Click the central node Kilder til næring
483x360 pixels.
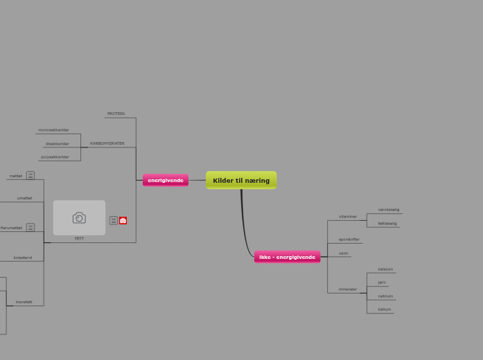tap(241, 181)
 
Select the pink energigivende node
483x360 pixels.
tap(166, 181)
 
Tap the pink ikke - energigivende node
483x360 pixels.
tap(287, 258)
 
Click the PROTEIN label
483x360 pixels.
tap(116, 114)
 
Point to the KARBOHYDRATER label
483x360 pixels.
tap(107, 143)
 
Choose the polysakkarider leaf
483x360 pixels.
tap(55, 157)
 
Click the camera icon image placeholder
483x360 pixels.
tap(79, 218)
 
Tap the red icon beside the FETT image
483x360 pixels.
tap(123, 221)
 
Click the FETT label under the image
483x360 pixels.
tap(79, 238)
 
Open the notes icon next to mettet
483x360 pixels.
tap(30, 176)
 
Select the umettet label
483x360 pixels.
tap(24, 198)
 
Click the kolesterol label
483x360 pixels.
tap(23, 258)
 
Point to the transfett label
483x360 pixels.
tap(24, 302)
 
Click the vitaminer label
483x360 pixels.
tap(348, 217)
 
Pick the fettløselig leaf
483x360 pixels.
tap(387, 224)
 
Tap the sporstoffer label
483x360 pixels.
tap(349, 240)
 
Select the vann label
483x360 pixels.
tap(344, 253)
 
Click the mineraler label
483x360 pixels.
tap(348, 289)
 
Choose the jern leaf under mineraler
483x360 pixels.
tap(382, 282)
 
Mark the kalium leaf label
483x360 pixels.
tap(385, 309)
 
